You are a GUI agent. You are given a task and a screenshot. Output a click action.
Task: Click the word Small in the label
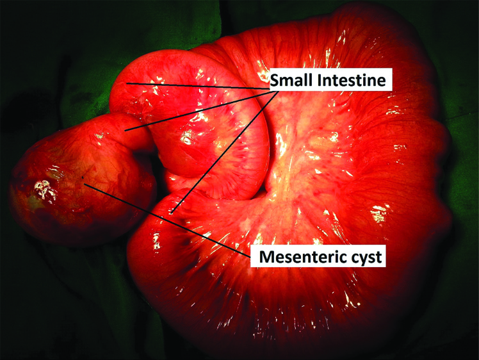[x=292, y=80]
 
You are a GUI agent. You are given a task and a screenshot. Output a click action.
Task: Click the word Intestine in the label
[x=352, y=80]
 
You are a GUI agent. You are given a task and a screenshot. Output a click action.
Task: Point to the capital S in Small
[x=275, y=80]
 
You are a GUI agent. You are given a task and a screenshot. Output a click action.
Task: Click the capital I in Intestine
[x=320, y=80]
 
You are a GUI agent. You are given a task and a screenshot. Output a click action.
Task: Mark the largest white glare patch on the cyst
[x=44, y=190]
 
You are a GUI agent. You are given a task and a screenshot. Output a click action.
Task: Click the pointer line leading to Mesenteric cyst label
[x=167, y=219]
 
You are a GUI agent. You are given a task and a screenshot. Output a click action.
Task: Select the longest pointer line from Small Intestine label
[x=225, y=151]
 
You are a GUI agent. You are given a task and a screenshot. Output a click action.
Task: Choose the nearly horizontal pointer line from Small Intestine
[x=199, y=86]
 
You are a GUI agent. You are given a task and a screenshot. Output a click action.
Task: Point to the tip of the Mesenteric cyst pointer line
[x=85, y=184]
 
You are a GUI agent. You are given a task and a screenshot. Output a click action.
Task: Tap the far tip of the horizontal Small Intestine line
[x=127, y=83]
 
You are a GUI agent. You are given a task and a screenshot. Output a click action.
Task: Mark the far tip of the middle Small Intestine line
[x=125, y=131]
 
